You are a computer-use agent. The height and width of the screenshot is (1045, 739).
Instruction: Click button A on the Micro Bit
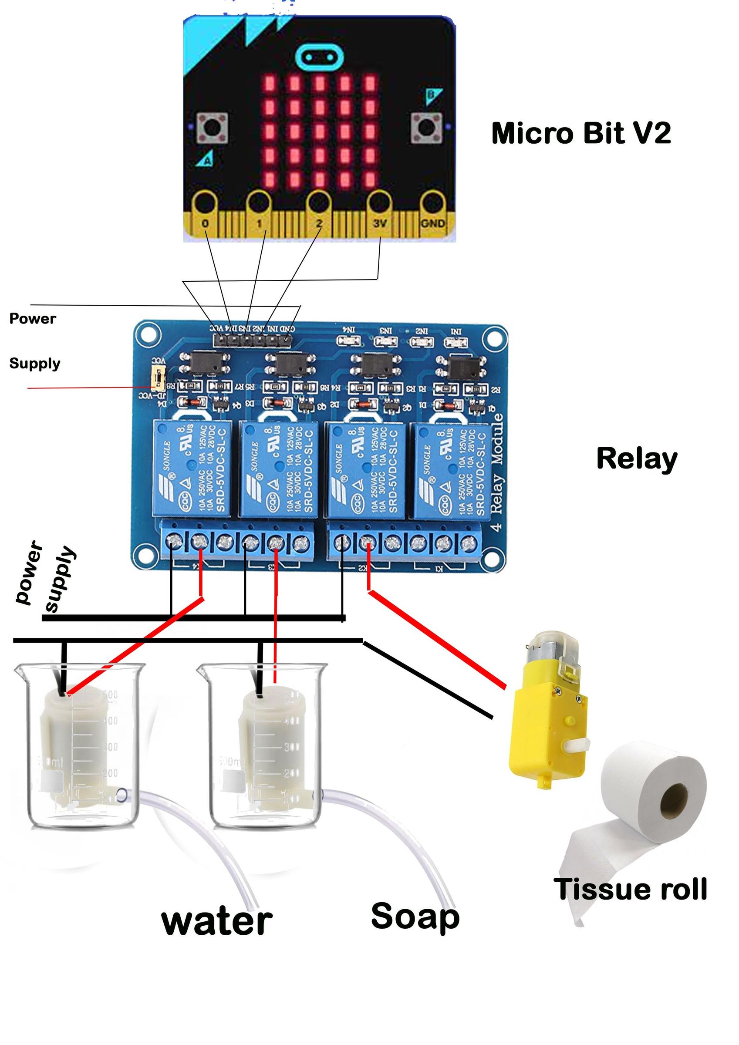click(x=212, y=127)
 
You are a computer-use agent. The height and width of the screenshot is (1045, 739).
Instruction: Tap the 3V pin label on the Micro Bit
click(x=379, y=223)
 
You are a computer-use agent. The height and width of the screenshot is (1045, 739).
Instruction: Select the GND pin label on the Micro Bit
click(x=432, y=223)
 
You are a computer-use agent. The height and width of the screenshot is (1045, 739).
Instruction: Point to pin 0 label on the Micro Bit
click(x=206, y=223)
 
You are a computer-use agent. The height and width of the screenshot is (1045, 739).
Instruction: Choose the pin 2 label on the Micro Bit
click(x=319, y=223)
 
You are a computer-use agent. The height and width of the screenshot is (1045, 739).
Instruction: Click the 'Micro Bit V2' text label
click(x=580, y=133)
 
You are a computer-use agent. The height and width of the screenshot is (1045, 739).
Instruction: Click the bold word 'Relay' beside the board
click(x=637, y=458)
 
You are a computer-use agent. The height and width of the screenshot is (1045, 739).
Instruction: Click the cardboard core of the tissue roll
click(x=674, y=800)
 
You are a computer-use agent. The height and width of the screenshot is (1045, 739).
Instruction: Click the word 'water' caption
click(x=217, y=922)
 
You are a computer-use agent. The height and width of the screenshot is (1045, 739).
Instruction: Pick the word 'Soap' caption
click(x=415, y=916)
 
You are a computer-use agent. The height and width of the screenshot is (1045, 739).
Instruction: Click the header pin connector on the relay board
click(x=253, y=339)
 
